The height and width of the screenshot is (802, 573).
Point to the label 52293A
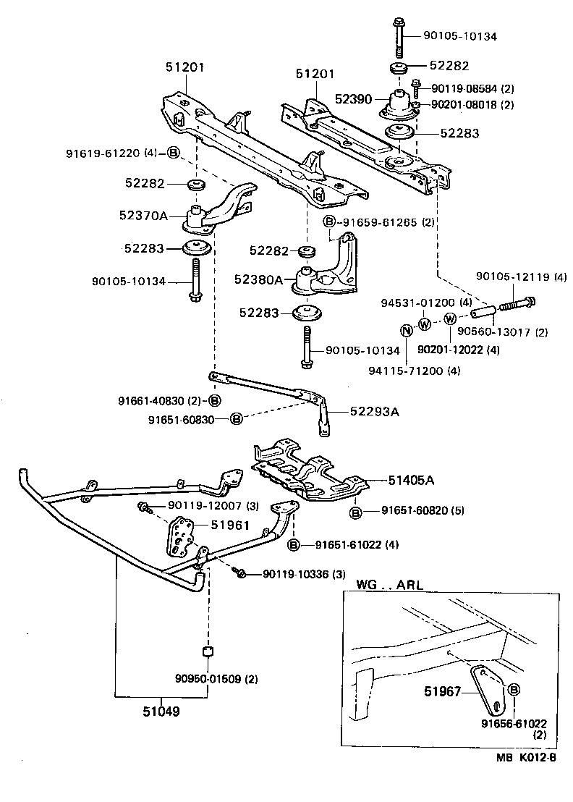click(375, 410)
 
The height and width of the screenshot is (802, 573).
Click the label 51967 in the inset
click(442, 690)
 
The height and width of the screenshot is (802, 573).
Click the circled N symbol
click(407, 332)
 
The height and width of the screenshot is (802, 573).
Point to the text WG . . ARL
click(389, 584)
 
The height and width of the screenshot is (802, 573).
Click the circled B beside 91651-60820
click(357, 512)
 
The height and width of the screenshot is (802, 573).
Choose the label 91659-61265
click(380, 222)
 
